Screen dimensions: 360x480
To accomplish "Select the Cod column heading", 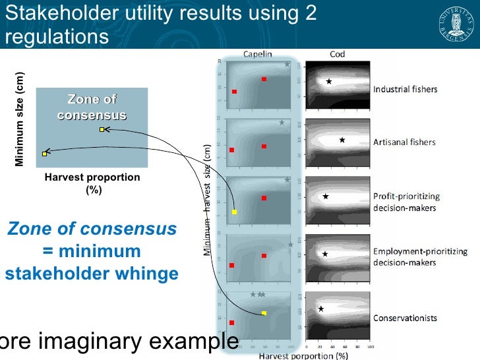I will pyautogui.click(x=338, y=54).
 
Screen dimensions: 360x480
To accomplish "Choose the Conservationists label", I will pyautogui.click(x=405, y=318).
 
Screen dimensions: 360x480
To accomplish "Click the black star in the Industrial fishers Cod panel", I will pyautogui.click(x=328, y=82).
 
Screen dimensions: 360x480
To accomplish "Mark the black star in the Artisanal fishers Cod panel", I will pyautogui.click(x=342, y=140).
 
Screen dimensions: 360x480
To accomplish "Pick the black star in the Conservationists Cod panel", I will pyautogui.click(x=321, y=309).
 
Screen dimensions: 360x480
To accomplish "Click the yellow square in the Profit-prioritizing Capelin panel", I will pyautogui.click(x=235, y=212).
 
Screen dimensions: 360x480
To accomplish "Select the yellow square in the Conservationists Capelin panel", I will pyautogui.click(x=264, y=313).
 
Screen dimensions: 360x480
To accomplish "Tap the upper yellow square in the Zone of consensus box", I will pyautogui.click(x=102, y=130).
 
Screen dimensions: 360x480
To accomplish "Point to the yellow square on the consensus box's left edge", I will pyautogui.click(x=44, y=154).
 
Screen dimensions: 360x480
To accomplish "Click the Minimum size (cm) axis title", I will pyautogui.click(x=20, y=119).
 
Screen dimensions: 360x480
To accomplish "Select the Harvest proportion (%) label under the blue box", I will pyautogui.click(x=92, y=184).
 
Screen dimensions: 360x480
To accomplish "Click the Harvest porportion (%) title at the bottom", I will pyautogui.click(x=303, y=356).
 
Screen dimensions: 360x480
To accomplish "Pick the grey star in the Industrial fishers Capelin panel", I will pyautogui.click(x=287, y=64).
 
